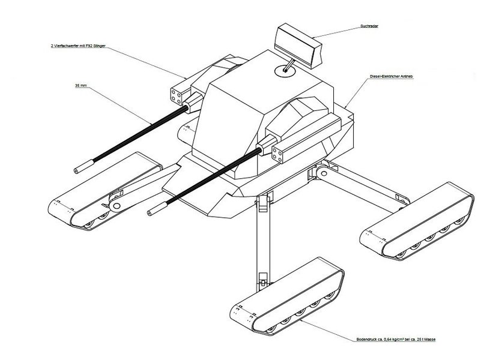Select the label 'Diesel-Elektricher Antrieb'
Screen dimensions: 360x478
(x=392, y=79)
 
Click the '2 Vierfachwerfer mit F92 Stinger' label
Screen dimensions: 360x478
(x=79, y=45)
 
